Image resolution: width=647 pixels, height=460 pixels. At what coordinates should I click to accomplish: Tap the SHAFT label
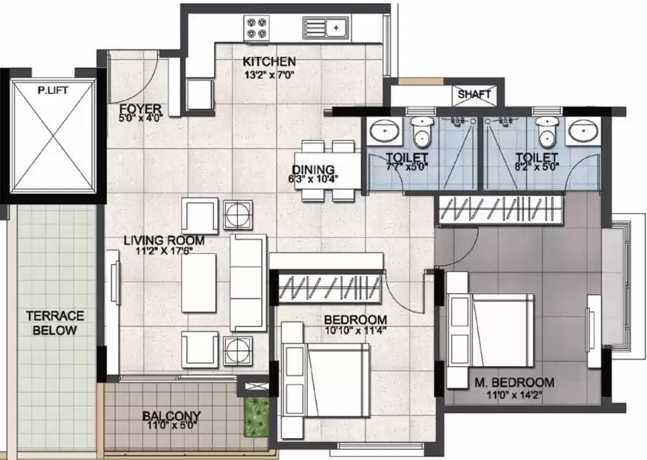tap(474, 94)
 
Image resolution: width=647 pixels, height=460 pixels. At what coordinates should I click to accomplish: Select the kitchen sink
tap(325, 27)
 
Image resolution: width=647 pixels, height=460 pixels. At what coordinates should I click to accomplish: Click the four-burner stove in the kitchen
tap(256, 27)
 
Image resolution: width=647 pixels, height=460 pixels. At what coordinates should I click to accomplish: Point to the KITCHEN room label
tap(269, 62)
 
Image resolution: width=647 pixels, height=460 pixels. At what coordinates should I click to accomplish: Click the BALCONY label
tap(171, 415)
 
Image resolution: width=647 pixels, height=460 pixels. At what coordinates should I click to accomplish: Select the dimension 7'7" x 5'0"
tap(406, 167)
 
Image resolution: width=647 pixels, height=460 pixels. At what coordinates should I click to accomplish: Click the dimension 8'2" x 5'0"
tap(536, 167)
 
